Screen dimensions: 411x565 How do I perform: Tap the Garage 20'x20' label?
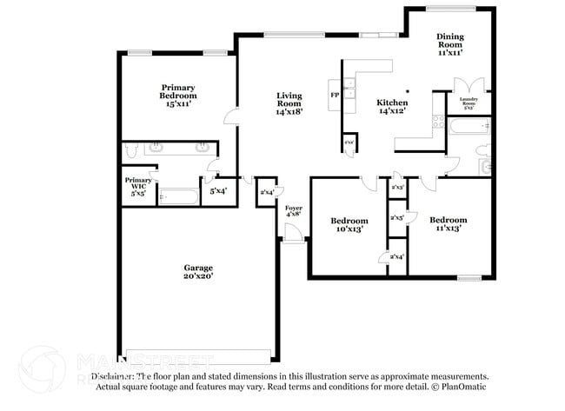point(197,271)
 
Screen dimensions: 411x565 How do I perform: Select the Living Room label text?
point(289,103)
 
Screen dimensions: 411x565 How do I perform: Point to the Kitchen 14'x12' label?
point(393,106)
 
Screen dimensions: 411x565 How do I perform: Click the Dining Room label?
point(449,44)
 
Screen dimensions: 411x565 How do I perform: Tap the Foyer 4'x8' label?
point(294,212)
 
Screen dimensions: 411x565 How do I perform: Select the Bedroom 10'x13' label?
point(349,224)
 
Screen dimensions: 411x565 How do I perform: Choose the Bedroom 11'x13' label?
point(448,224)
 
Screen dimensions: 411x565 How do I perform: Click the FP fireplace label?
point(334,95)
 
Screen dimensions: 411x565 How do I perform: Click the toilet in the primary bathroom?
point(131,150)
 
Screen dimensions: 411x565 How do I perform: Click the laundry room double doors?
point(472,85)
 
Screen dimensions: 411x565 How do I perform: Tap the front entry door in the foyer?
point(295,233)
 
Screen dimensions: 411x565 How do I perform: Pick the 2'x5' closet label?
point(397,217)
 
